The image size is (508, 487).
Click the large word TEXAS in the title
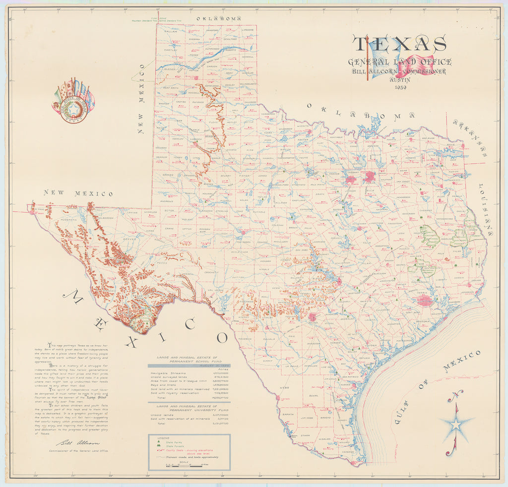click(399, 44)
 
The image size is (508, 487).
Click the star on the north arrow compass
click(456, 424)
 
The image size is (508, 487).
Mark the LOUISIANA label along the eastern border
click(485, 208)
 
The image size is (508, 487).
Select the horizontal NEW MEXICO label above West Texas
click(78, 193)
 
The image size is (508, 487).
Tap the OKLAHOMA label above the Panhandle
click(218, 18)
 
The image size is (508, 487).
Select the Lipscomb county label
click(247, 30)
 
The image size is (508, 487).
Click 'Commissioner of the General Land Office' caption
click(78, 451)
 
